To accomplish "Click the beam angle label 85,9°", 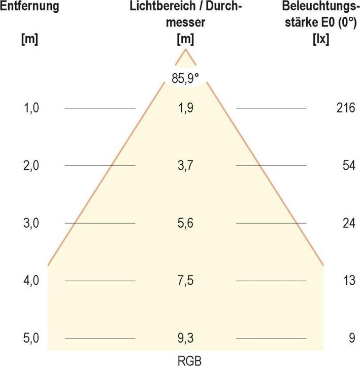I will point(185,80).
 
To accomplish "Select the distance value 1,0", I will point(31,108).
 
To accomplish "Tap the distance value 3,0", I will point(31,223).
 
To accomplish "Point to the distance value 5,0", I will point(31,338).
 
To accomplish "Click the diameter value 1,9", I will point(185,108).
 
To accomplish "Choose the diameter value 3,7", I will point(185,166).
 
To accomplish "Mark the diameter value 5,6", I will point(185,223).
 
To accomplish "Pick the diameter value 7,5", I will point(185,281).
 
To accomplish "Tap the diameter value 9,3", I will point(185,338).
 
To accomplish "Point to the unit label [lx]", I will point(321,39).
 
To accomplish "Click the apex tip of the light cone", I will point(186,50).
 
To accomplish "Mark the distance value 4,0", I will point(31,281).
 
